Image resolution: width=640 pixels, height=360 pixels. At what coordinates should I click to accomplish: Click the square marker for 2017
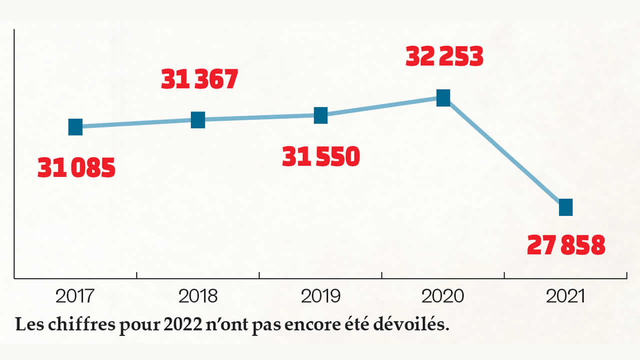click(x=75, y=127)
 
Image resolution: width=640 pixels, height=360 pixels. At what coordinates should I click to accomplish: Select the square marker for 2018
click(x=198, y=120)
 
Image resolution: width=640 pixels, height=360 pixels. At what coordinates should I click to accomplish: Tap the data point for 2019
click(x=320, y=115)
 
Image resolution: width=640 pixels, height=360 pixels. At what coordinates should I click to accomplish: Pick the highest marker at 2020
click(x=443, y=98)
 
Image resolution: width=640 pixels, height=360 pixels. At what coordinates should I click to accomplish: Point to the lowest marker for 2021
click(x=565, y=207)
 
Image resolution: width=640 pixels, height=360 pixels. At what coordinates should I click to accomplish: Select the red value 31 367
click(x=199, y=79)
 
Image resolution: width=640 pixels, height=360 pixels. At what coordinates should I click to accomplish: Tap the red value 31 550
click(x=321, y=157)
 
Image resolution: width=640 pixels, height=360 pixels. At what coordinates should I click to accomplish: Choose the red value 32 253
click(x=444, y=57)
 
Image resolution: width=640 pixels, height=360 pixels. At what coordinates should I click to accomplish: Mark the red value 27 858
click(x=566, y=245)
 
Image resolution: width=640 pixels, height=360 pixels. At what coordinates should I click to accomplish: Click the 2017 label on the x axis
click(x=75, y=296)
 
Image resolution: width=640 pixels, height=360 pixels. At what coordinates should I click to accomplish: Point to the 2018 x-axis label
click(x=198, y=296)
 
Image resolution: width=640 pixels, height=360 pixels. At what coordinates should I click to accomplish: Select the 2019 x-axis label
click(x=320, y=296)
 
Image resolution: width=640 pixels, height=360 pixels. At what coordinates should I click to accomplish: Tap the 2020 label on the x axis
click(x=443, y=296)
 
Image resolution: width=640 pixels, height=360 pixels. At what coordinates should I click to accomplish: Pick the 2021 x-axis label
click(x=565, y=296)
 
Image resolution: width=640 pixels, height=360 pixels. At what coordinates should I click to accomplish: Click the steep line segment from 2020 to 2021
click(x=504, y=152)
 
